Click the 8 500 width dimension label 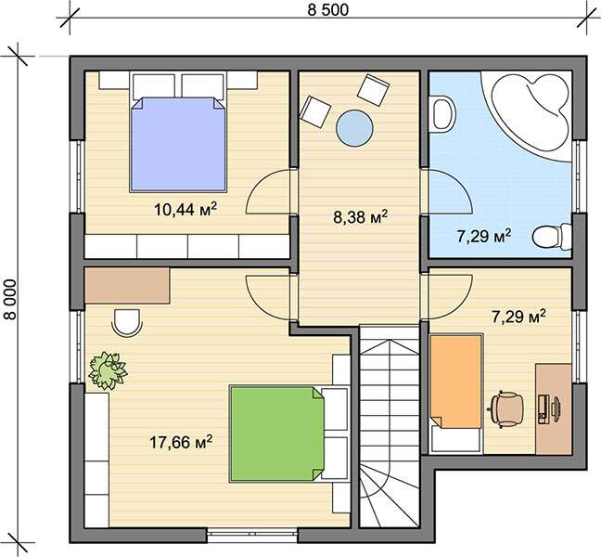tap(328, 9)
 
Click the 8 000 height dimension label tap(11, 299)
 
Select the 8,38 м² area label tap(360, 216)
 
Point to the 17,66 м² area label tap(181, 442)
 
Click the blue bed tap(178, 144)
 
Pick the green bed tap(276, 434)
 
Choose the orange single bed tap(455, 382)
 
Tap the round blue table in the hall tap(354, 128)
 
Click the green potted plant tap(108, 370)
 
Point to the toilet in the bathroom tap(552, 237)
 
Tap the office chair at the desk tap(507, 409)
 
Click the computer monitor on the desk tap(555, 409)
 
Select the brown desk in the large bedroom tap(127, 285)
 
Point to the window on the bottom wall tap(252, 534)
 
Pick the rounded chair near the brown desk tap(127, 322)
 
